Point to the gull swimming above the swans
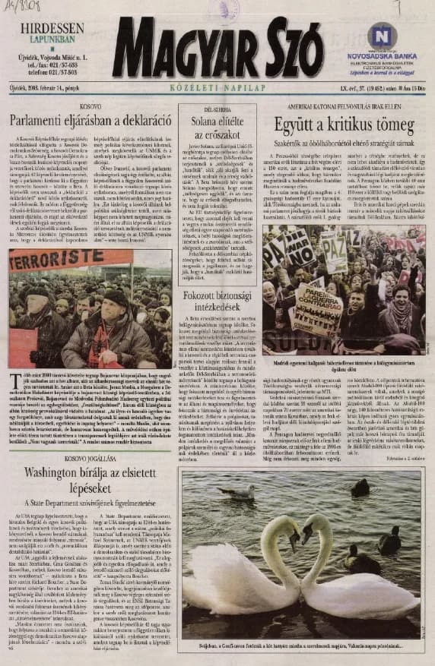click(242, 491)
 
